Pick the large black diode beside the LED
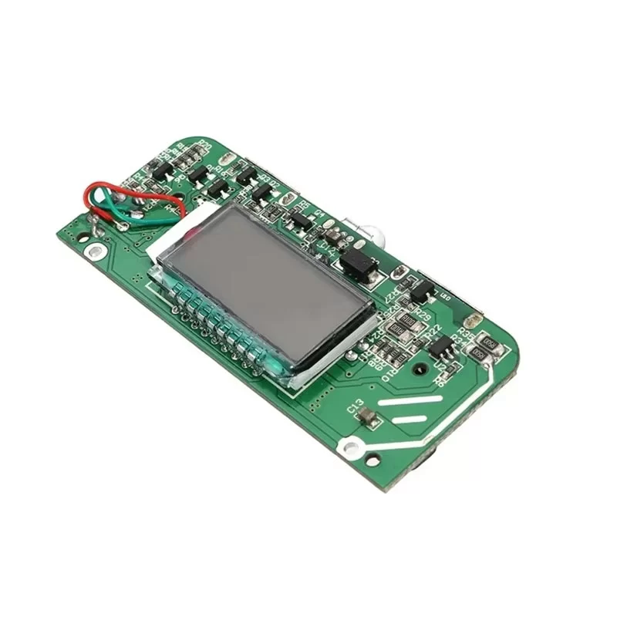(359, 263)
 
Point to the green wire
(116, 208)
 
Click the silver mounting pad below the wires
(94, 251)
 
